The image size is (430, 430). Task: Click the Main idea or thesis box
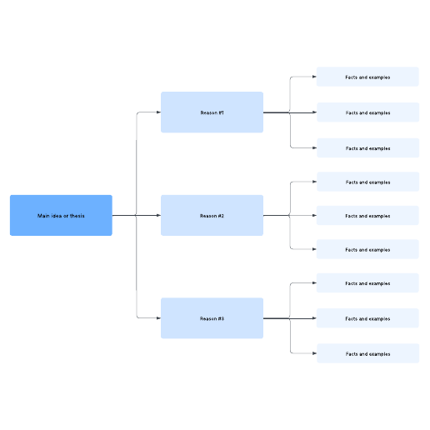61,215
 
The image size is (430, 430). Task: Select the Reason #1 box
212,112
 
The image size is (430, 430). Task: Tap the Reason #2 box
212,215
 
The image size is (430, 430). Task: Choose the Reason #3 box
212,318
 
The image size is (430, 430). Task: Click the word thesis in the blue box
77,216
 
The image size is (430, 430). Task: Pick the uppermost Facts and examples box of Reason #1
367,77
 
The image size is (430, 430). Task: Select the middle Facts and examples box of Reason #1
368,112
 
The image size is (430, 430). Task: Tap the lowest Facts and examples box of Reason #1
368,147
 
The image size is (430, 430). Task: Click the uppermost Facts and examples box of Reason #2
368,182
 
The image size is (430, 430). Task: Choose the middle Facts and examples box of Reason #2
367,215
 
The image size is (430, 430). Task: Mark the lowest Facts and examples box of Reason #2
367,249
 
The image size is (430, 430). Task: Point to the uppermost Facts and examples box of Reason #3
367,282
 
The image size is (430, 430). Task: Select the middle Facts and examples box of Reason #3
367,318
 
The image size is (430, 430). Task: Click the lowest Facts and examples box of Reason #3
368,353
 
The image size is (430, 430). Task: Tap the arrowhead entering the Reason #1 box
159,112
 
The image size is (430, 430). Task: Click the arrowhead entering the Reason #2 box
159,215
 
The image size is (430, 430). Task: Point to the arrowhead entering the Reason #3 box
159,318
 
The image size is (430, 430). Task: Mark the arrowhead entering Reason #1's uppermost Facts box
314,77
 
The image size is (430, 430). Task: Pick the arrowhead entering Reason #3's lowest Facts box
315,353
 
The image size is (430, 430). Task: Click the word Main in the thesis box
43,216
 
